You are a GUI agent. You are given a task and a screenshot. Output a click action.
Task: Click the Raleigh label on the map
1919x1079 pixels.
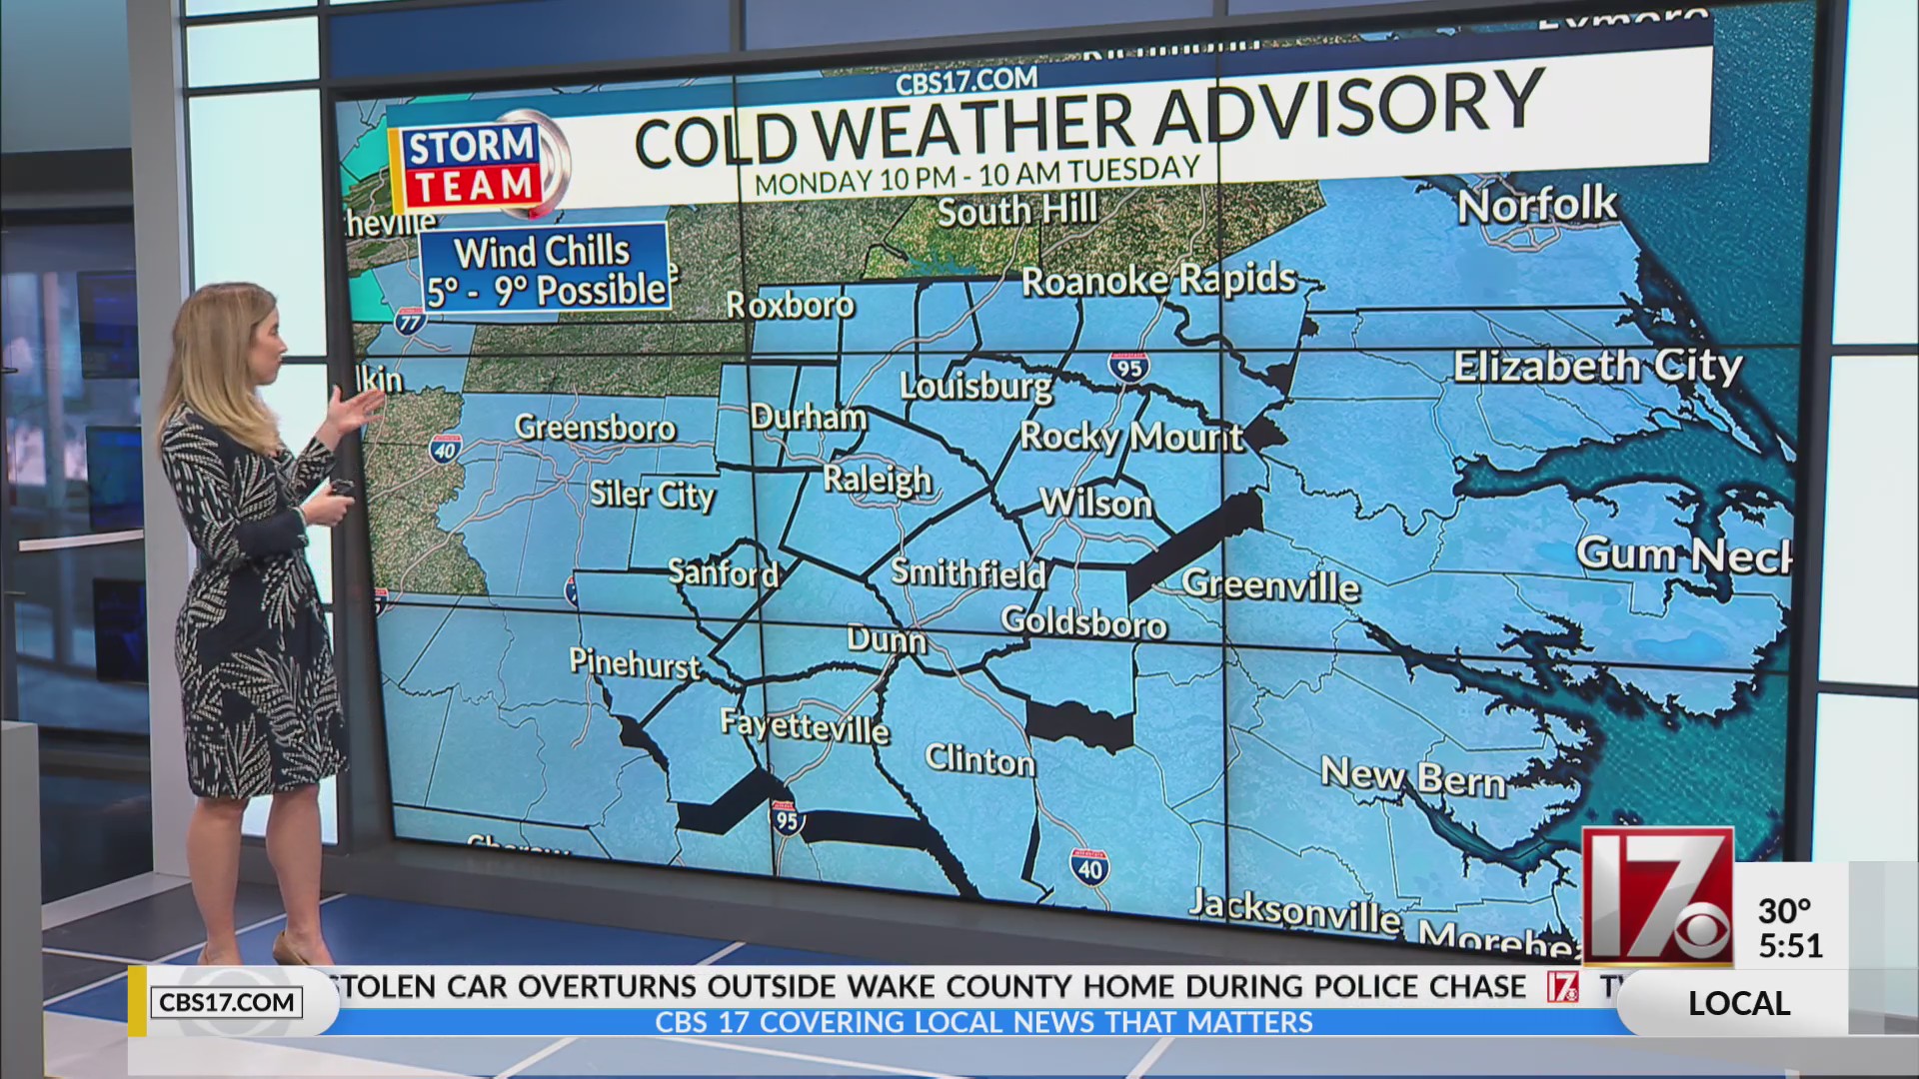877,480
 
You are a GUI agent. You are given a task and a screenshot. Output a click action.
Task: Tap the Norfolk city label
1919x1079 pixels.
1536,205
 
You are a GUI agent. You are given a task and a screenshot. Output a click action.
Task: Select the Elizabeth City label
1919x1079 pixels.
1596,366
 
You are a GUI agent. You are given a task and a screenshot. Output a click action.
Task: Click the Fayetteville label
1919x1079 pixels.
805,725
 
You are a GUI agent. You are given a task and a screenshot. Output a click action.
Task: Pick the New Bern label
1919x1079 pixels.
1412,776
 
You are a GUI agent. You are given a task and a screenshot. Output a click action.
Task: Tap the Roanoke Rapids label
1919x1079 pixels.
1157,280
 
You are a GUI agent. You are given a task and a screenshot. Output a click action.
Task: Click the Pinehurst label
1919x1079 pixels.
635,662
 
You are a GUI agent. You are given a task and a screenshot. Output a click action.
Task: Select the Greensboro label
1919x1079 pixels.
596,428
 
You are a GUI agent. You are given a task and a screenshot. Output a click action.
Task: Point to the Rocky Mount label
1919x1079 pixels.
1130,437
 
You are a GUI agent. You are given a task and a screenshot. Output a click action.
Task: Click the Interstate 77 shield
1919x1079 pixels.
410,321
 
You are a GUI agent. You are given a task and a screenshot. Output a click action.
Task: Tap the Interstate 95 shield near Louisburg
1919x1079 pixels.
1126,367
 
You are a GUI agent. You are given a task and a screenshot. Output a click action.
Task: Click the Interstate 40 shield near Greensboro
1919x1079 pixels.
444,449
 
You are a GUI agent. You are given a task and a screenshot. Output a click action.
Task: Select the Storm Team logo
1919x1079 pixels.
472,166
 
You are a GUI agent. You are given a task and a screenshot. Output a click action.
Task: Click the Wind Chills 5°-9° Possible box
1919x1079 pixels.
545,268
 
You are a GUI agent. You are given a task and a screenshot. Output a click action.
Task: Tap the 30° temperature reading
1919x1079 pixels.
1784,911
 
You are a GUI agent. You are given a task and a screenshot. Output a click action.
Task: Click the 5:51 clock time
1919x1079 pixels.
1790,945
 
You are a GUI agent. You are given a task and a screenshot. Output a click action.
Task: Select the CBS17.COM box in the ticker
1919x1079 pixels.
227,1002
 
